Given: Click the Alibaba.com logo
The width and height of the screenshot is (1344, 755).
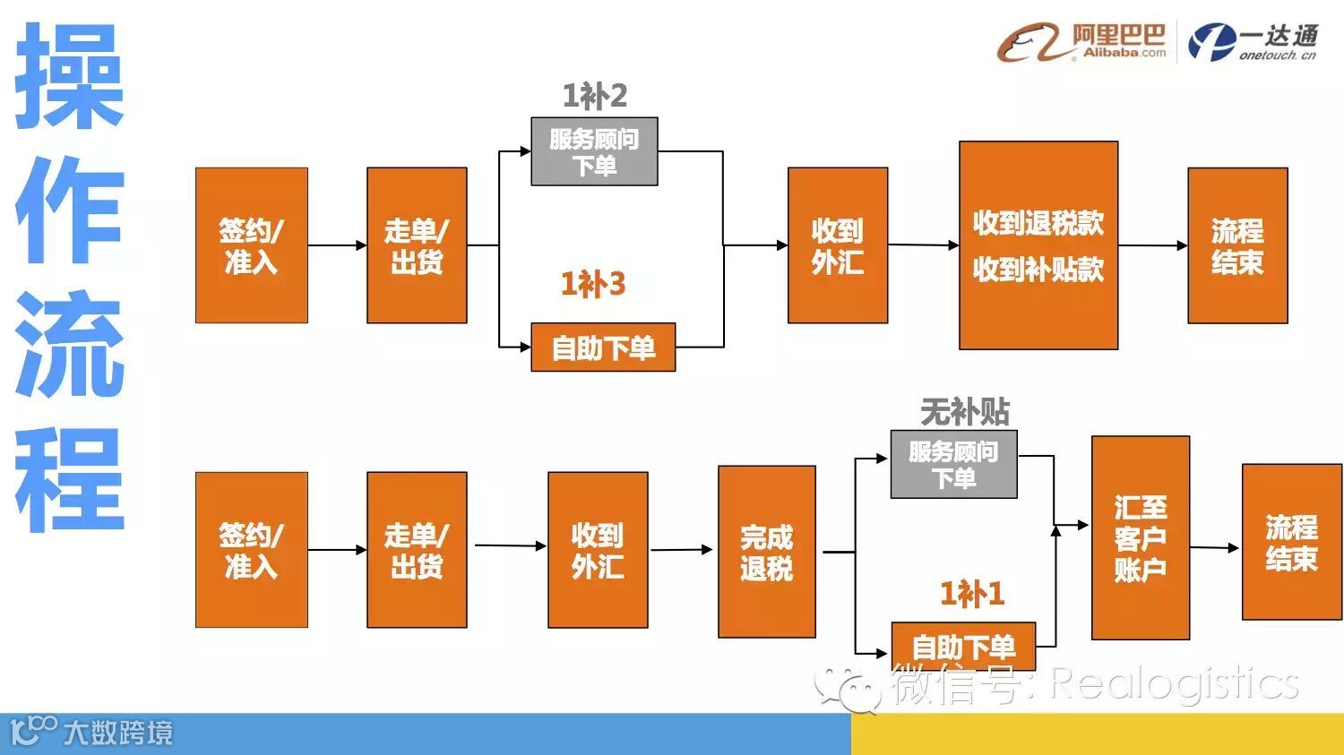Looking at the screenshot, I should [x=1082, y=42].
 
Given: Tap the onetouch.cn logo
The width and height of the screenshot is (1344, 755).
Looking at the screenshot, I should [x=1254, y=42].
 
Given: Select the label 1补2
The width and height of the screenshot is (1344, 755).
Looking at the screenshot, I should [x=594, y=96].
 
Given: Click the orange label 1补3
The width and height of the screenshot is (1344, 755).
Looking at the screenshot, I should [x=592, y=285].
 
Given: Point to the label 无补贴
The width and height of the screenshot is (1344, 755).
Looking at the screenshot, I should [x=964, y=412].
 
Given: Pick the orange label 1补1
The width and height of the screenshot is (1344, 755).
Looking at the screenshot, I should [x=971, y=593].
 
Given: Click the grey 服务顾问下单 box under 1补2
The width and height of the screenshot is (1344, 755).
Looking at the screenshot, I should [x=594, y=151].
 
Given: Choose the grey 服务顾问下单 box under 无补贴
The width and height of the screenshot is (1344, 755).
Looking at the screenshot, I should [x=953, y=464].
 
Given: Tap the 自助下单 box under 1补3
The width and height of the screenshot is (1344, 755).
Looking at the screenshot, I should [x=603, y=347].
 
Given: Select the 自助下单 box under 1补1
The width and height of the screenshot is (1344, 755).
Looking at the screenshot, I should [x=963, y=646].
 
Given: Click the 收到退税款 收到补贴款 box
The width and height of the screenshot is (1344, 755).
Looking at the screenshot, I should [x=1038, y=245].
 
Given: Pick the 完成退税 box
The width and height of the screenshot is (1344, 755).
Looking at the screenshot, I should [x=766, y=552].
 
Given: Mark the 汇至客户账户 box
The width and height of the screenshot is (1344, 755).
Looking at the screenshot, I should [x=1140, y=538].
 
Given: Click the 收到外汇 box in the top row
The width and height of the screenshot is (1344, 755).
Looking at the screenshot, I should [x=837, y=245].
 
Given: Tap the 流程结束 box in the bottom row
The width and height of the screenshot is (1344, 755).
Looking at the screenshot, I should [x=1290, y=542].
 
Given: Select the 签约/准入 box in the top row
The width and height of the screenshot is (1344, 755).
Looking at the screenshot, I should [x=251, y=245].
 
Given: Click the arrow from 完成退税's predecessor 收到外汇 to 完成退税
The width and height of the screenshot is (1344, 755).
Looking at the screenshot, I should [x=682, y=549].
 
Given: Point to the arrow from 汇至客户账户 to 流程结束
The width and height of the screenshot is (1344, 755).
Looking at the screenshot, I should [x=1215, y=547].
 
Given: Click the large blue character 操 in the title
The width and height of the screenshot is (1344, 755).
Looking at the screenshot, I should [x=69, y=76].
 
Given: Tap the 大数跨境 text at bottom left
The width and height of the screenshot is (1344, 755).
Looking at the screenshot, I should [x=117, y=733].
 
